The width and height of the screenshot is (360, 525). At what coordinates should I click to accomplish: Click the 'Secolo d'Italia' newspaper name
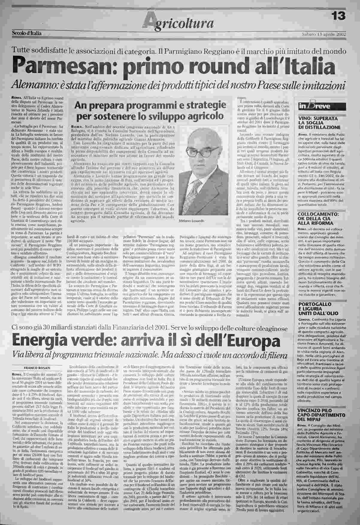[27, 33]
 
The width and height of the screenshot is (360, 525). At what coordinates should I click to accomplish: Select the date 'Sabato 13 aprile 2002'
[324, 34]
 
